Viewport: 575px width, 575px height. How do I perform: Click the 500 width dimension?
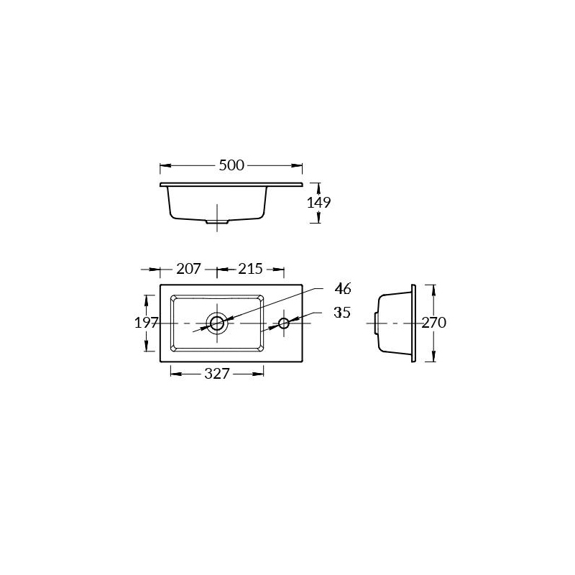point(231,165)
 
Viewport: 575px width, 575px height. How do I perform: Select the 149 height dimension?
point(318,203)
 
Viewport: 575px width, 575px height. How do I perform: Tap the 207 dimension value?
point(188,269)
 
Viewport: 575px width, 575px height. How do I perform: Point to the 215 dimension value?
point(250,269)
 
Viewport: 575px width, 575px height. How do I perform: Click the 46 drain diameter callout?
point(343,289)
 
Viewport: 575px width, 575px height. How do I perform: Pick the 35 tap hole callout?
point(342,313)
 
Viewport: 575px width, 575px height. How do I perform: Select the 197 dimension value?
point(147,323)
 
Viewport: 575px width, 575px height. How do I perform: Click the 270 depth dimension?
point(434,323)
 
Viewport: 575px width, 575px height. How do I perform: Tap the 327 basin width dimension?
point(217,374)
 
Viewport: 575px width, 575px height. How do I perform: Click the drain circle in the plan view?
point(217,316)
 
